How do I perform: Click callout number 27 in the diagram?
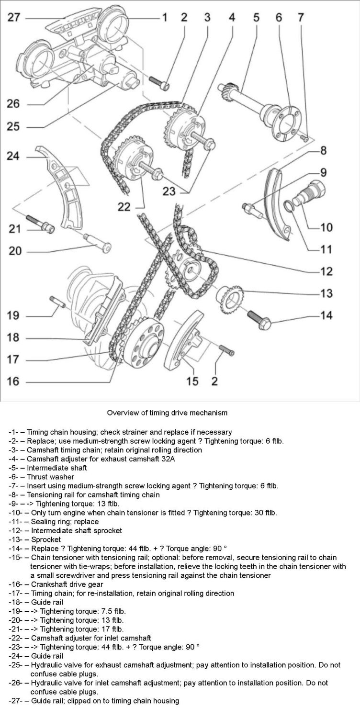tap(15, 18)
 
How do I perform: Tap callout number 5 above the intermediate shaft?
tap(256, 18)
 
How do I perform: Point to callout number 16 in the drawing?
tap(15, 382)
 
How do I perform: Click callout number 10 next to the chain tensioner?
tap(326, 227)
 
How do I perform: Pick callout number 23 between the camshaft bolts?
tap(169, 191)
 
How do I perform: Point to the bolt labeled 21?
tap(42, 224)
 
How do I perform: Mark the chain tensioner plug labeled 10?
tap(312, 191)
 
